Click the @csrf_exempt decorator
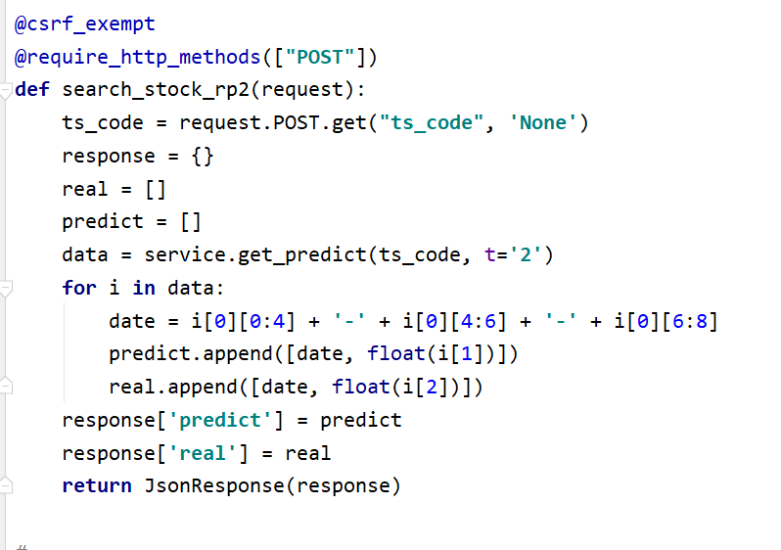coord(84,23)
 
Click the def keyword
coord(32,90)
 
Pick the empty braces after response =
coord(204,157)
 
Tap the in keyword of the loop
coord(144,289)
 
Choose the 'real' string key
coord(156,453)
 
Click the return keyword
coord(97,485)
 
